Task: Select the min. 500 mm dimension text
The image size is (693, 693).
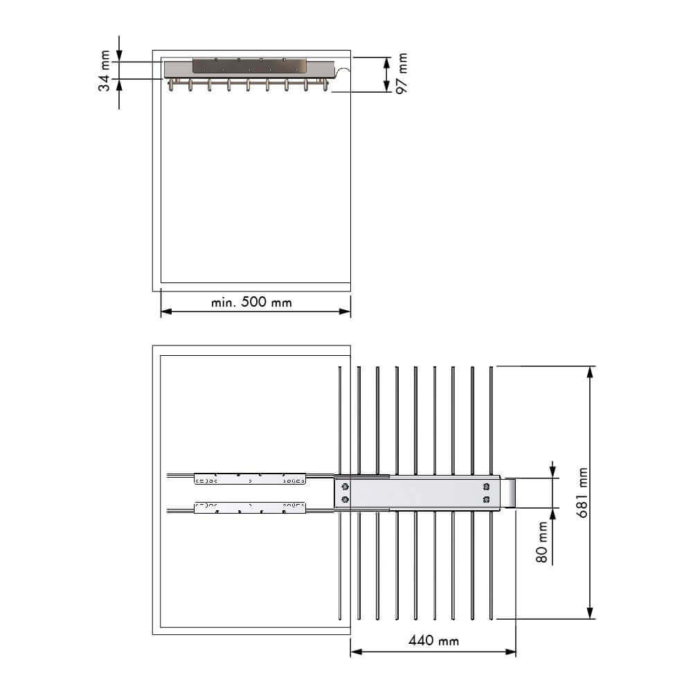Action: [x=252, y=303]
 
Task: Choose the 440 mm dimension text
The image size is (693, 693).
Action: [x=433, y=640]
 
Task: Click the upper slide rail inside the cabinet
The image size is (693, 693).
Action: [x=250, y=478]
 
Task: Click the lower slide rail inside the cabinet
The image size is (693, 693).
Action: [x=250, y=507]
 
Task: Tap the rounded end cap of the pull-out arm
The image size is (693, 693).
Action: [x=510, y=493]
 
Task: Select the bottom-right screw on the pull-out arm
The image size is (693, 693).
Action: [x=487, y=500]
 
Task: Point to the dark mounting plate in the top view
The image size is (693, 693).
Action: [x=250, y=65]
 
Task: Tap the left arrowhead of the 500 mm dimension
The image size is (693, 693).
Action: [x=165, y=312]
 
